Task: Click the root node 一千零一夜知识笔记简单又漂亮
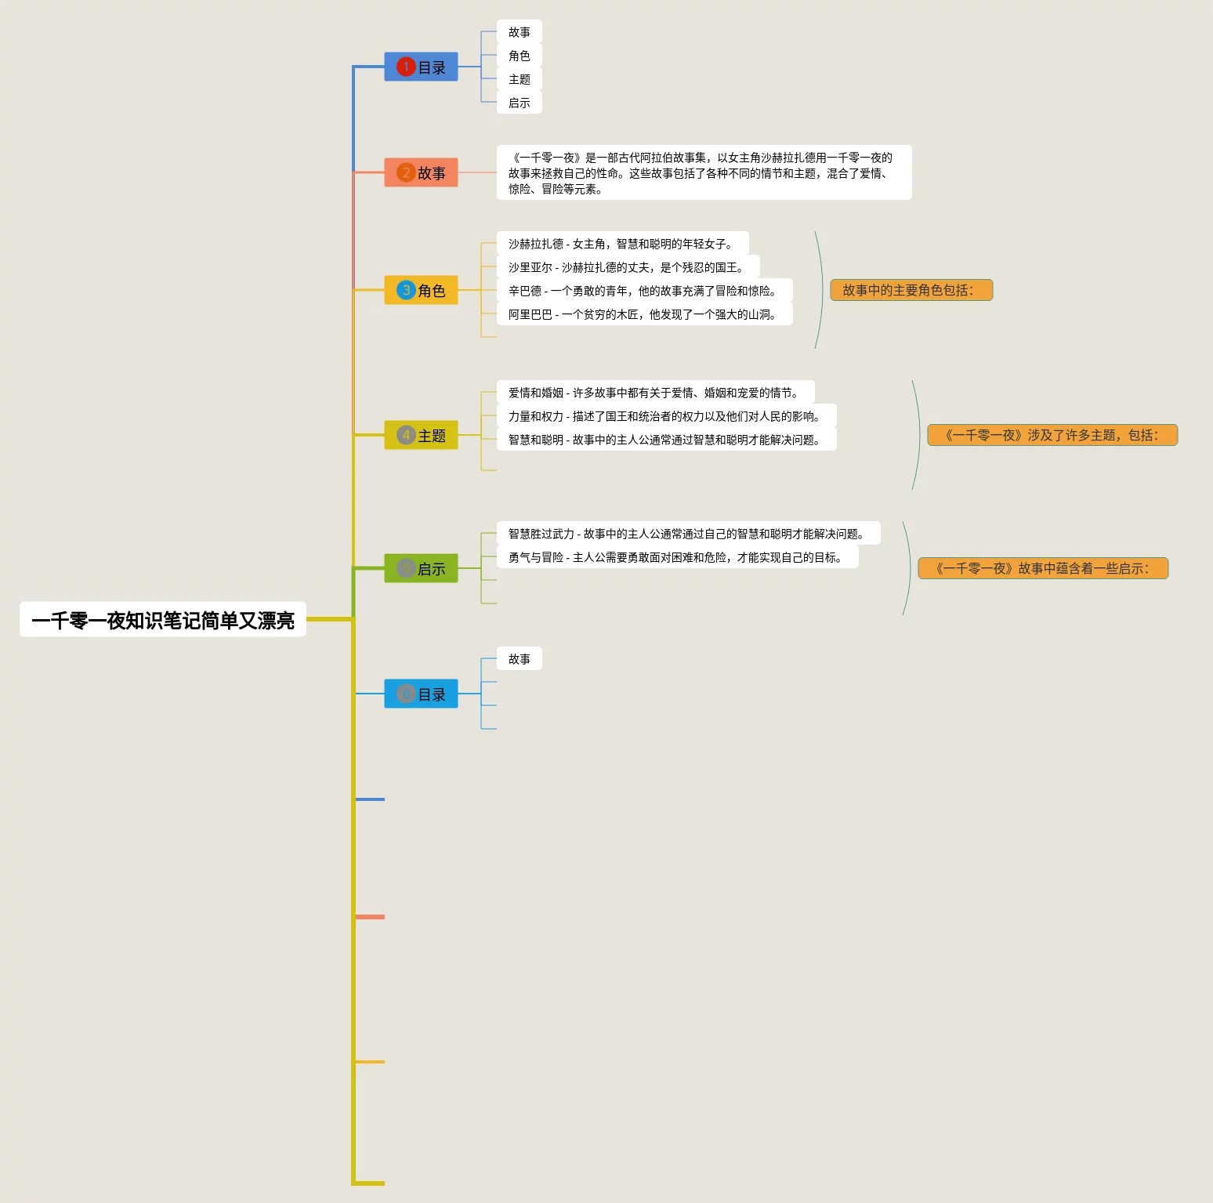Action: pos(162,620)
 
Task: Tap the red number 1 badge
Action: pos(405,67)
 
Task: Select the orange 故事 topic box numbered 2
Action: pos(421,172)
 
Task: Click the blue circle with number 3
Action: pos(405,290)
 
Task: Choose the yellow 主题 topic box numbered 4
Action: pos(421,435)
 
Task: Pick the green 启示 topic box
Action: pos(421,568)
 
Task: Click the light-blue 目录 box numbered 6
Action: pos(421,694)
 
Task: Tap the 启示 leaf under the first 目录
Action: pos(519,103)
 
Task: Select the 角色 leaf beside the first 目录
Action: pos(519,56)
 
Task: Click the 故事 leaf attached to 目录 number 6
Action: pos(519,659)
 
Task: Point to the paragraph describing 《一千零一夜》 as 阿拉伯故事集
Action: pos(703,172)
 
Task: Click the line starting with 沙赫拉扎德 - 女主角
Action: pos(621,244)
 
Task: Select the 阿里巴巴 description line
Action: pos(643,314)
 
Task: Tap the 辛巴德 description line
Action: pos(643,291)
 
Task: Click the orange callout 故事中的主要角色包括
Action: pos(911,290)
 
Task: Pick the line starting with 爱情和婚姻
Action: pos(654,393)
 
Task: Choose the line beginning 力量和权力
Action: pos(665,416)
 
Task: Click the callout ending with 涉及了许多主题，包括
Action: pos(1052,435)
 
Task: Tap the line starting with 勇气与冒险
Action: pos(676,557)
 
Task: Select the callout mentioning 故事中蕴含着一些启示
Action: pos(1042,568)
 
